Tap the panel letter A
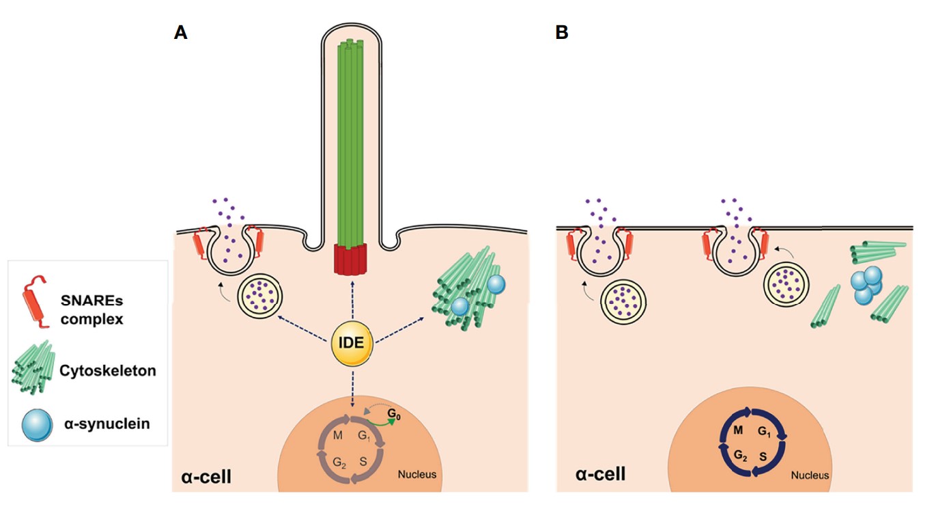point(181,32)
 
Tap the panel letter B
point(562,32)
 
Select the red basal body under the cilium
point(351,259)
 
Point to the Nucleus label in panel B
point(810,475)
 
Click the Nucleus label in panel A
point(417,474)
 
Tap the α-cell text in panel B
point(600,473)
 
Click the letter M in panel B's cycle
point(737,430)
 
